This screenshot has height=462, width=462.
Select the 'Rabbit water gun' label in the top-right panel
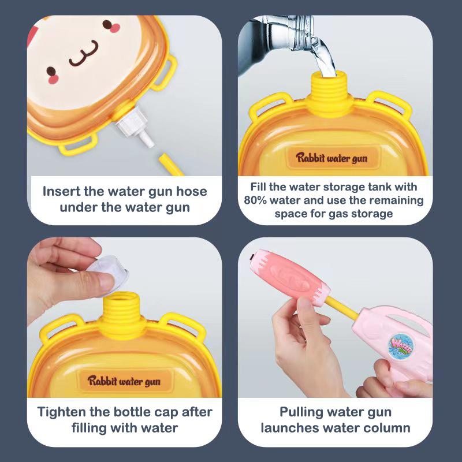pos(331,158)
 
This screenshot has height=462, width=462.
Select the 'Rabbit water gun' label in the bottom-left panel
pos(124,381)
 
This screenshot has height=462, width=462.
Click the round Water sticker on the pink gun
pos(402,346)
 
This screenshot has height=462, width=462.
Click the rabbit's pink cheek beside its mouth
pos(53,73)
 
